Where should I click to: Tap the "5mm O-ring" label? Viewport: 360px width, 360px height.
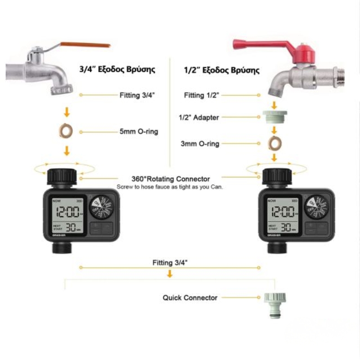pos(139,132)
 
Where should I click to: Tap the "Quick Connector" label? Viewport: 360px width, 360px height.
pos(190,297)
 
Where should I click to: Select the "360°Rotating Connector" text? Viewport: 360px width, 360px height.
pos(171,179)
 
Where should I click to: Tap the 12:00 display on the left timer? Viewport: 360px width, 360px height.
pos(67,211)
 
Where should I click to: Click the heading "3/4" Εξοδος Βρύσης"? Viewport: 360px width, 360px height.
pos(117,70)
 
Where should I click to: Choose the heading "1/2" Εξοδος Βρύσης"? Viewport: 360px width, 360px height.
pos(222,70)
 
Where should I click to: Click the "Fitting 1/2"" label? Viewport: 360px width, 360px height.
pos(202,95)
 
